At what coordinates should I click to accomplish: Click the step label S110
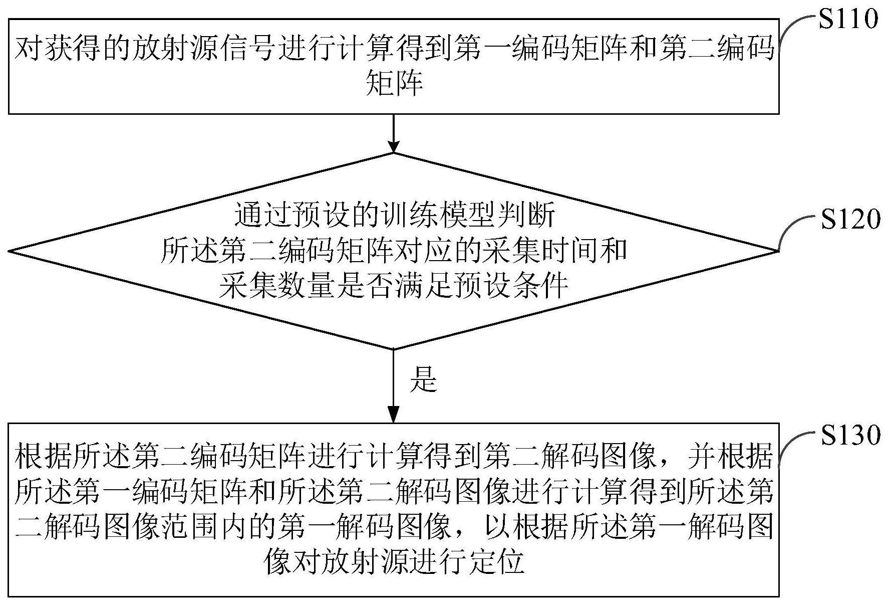848,19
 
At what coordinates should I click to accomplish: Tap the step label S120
850,219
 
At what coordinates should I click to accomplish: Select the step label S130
850,435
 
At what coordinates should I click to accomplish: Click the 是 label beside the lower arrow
424,379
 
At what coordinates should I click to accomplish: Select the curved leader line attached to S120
795,228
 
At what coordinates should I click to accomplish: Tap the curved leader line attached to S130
795,444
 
